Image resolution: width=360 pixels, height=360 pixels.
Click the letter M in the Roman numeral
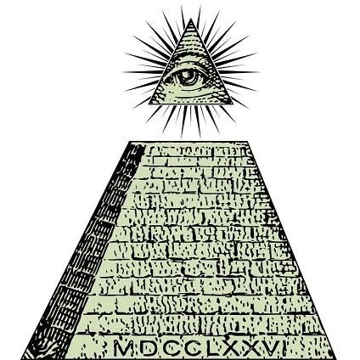coord(123,348)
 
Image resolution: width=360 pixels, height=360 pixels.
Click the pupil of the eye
coord(188,76)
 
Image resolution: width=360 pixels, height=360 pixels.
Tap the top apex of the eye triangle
coord(191,19)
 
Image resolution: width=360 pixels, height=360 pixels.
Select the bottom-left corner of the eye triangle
coord(149,104)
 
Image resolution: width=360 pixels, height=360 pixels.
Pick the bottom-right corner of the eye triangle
coord(233,104)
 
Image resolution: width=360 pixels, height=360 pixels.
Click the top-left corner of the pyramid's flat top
coord(131,142)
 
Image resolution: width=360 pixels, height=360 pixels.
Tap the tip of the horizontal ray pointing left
coord(123,72)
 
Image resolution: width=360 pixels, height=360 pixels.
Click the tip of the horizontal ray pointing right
coord(259,72)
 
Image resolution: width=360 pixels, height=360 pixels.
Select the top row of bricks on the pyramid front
coord(197,151)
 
